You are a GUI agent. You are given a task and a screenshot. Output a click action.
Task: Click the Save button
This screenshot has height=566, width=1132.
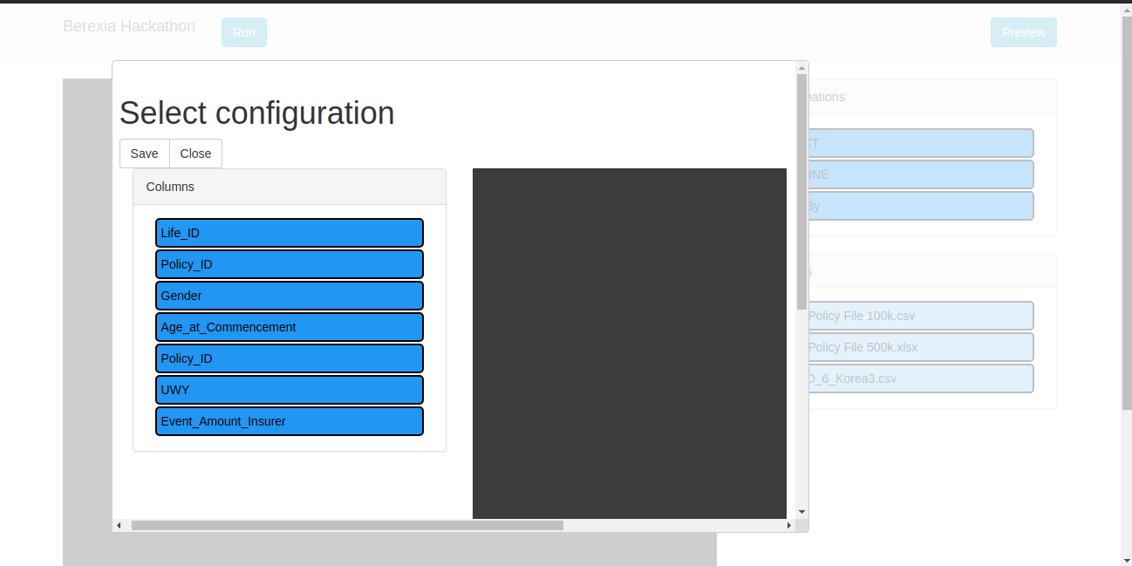[x=144, y=153]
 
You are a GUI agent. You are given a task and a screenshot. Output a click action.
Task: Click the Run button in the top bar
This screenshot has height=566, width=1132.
[x=244, y=32]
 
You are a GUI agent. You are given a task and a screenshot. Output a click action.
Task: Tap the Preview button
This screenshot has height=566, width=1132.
[x=1023, y=32]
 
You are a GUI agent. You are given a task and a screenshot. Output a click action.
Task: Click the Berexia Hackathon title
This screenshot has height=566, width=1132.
[x=129, y=26]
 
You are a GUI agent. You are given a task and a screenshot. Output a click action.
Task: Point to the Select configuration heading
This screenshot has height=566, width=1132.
[x=256, y=113]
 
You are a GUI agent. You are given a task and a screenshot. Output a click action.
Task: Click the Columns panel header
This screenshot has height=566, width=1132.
[x=289, y=187]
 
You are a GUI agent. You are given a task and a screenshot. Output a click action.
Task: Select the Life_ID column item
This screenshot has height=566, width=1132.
[x=289, y=233]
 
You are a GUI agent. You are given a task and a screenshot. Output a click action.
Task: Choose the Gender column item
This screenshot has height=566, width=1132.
[x=289, y=296]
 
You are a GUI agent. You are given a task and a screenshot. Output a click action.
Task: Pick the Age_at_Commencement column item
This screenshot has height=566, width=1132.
[x=289, y=327]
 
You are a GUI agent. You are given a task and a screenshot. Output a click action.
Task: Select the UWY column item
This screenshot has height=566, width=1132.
[x=289, y=390]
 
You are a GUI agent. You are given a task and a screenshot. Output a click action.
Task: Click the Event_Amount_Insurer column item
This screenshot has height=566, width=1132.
[x=289, y=421]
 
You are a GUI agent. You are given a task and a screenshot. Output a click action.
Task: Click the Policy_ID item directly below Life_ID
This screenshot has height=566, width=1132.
[x=289, y=264]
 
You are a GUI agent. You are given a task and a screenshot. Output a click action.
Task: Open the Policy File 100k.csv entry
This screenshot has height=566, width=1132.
[x=920, y=316]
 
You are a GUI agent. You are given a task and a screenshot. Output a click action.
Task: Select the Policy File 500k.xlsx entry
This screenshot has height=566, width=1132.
[x=920, y=347]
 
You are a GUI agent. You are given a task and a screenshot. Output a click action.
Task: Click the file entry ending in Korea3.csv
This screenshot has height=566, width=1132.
[x=920, y=378]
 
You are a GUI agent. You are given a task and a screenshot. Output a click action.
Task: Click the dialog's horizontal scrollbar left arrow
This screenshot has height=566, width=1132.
[x=119, y=525]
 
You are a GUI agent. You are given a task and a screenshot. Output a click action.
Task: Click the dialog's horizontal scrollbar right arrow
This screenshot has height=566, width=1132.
[x=789, y=525]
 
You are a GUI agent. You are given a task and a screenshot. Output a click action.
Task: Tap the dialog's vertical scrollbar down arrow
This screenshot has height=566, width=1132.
[x=801, y=512]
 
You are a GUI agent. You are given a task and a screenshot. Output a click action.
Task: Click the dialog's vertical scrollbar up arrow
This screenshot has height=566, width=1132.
[x=801, y=67]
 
